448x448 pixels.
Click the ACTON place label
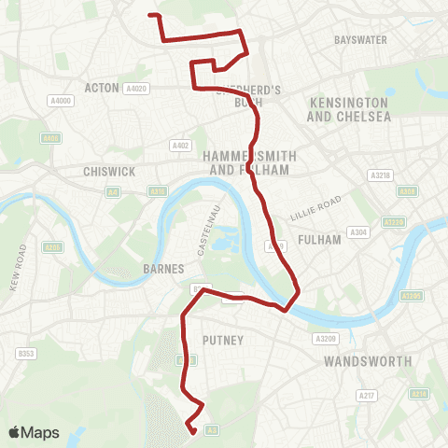pos(102,88)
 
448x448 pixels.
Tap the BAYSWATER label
pos(360,40)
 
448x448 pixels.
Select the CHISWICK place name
pos(109,172)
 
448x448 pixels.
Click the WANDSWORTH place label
pos(368,360)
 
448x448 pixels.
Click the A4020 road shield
pos(136,88)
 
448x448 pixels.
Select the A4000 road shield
pos(62,101)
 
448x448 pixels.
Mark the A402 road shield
pos(180,146)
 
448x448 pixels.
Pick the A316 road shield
pos(157,190)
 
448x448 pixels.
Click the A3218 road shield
pos(381,175)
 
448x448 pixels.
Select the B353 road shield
pos(26,353)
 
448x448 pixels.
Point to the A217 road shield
pos(367,397)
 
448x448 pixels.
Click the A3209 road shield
pos(325,339)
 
